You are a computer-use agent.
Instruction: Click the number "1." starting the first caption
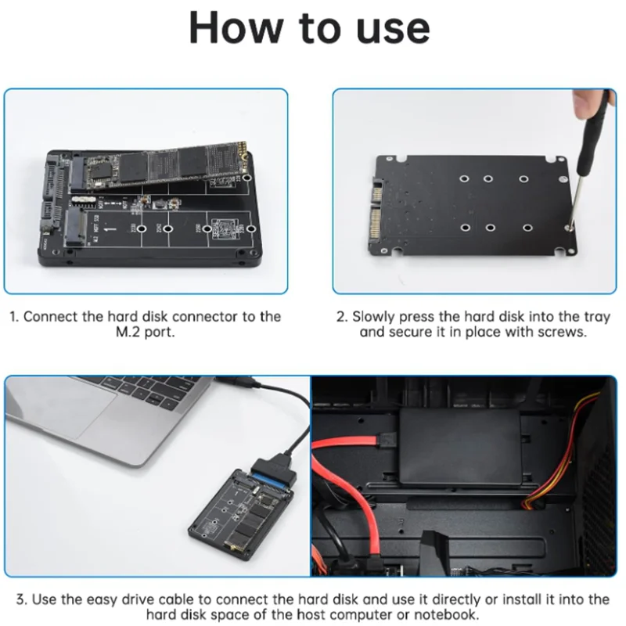click(14, 317)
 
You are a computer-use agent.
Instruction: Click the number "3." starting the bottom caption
click(22, 599)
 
